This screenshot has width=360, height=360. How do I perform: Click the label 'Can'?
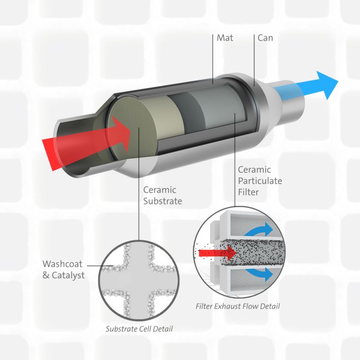[x=265, y=37]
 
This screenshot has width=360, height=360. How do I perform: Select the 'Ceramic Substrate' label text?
[x=162, y=195]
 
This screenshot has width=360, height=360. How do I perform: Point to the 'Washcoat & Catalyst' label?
[x=63, y=269]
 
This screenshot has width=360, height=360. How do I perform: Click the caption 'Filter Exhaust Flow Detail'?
[x=238, y=306]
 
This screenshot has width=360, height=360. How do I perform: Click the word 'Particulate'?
[x=261, y=180]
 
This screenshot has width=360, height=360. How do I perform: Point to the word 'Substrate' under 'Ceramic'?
[x=162, y=201]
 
